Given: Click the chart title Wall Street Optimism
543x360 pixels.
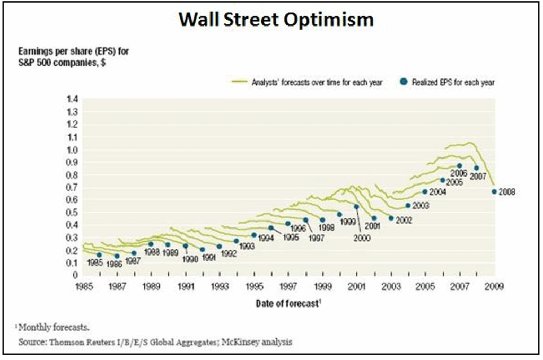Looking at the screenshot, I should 276,20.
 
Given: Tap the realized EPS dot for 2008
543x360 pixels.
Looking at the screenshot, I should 494,192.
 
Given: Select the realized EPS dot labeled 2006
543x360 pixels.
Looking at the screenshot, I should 459,166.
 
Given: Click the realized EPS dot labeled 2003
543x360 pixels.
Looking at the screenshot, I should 408,206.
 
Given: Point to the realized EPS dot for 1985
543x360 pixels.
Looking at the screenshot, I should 99,255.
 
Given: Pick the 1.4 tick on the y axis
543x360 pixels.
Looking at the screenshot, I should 72,99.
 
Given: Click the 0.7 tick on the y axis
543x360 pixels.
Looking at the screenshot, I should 72,187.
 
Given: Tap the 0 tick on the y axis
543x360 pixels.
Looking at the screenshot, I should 75,275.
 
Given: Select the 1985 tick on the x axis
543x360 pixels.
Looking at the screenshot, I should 83,287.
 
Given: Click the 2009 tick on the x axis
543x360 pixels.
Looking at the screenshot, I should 493,287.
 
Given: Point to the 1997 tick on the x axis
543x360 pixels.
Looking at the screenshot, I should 288,287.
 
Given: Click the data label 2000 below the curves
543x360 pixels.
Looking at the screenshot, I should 363,238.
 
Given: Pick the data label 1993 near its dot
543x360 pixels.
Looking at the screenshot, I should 247,247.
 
